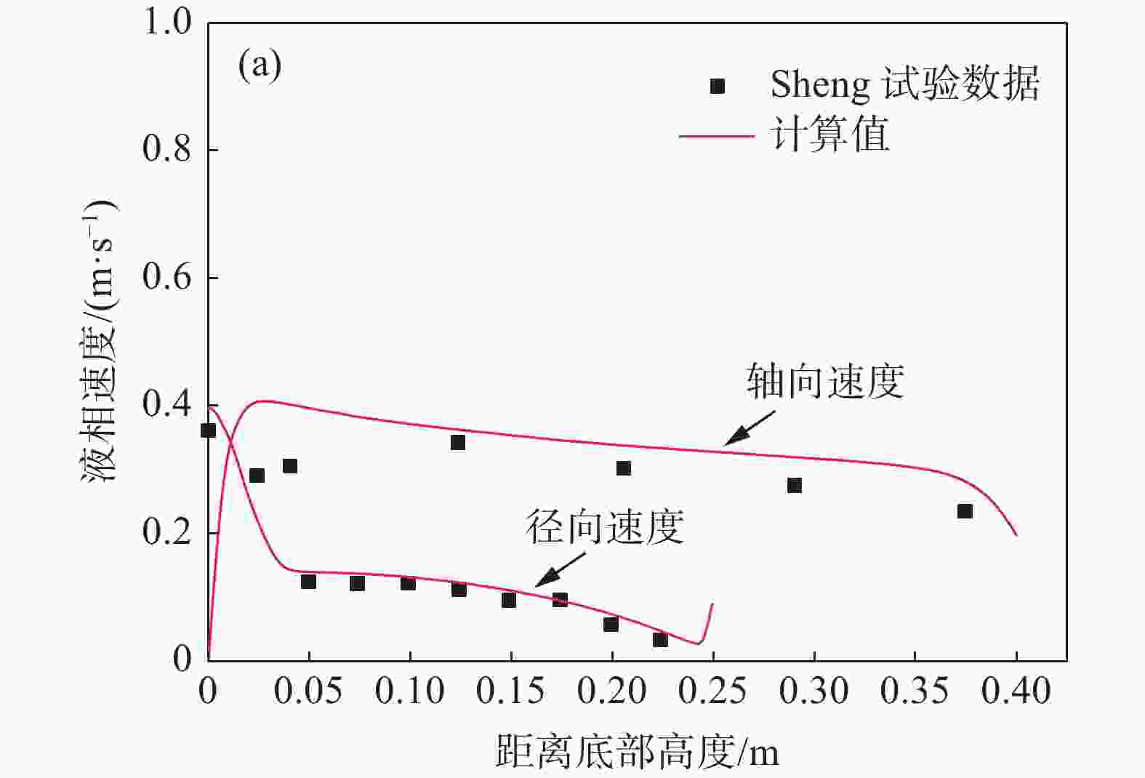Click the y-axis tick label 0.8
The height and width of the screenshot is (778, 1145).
166,149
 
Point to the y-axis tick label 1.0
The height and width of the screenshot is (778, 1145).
167,22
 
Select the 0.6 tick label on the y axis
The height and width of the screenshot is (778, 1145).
166,277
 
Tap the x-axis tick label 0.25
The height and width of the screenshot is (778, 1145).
712,691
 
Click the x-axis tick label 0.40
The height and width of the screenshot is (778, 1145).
1016,691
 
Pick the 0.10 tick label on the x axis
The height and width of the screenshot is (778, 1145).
409,691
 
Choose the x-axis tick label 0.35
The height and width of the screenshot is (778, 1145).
915,691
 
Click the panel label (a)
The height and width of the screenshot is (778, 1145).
260,67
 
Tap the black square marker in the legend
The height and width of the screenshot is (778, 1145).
718,87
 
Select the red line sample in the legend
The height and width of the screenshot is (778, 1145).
716,136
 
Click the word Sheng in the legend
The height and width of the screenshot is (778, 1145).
819,85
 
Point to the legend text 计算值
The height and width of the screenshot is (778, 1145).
829,135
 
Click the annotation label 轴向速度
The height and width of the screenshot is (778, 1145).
825,381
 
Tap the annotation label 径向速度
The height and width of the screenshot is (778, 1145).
605,527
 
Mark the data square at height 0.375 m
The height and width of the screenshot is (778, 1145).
965,511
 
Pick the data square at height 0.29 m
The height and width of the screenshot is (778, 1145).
795,485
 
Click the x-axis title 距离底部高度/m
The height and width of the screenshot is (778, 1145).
637,752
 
